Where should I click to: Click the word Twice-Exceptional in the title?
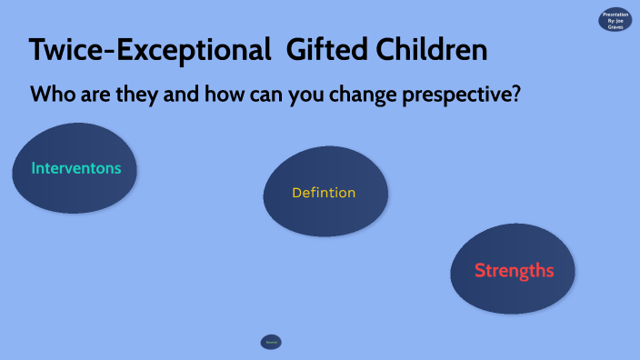(149, 50)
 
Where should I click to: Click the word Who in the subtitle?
(52, 94)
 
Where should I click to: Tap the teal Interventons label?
(76, 168)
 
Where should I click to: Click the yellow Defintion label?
(324, 193)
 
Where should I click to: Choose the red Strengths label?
(514, 270)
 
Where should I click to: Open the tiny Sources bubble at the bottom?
(271, 342)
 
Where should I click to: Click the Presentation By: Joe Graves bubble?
(615, 19)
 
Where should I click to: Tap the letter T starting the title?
(38, 50)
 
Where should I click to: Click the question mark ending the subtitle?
(515, 94)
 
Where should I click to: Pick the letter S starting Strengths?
(481, 270)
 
